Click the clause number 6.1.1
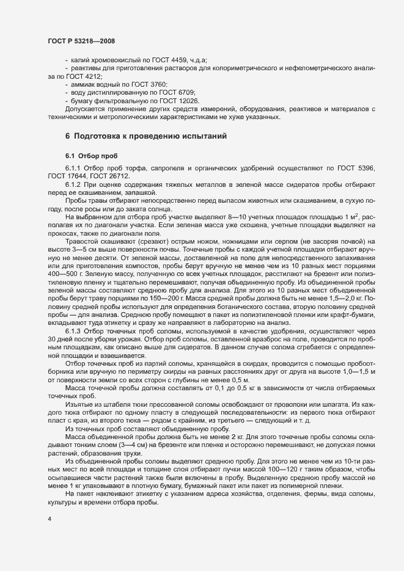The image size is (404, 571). pos(73,168)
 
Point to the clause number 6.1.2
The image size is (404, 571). pos(73,186)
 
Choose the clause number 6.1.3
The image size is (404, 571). pos(73,330)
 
